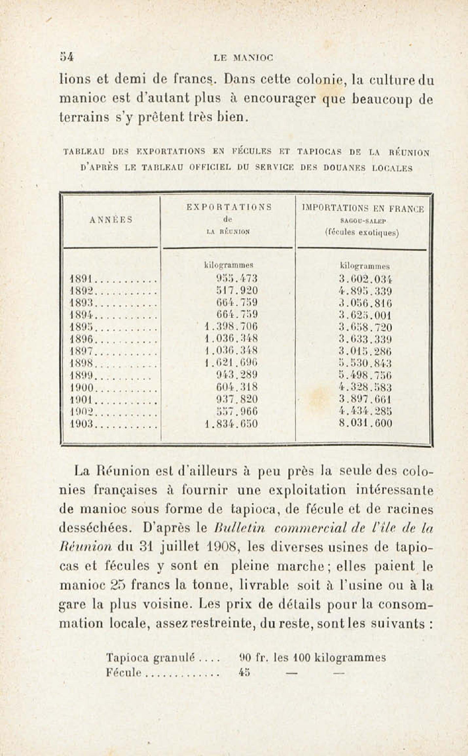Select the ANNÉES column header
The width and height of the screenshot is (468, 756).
coord(111,220)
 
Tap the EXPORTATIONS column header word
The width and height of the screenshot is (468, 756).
coord(229,207)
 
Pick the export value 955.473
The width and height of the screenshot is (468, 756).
coord(237,279)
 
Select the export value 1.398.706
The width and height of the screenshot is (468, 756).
coord(231,326)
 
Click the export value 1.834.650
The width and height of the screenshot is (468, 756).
coord(231,424)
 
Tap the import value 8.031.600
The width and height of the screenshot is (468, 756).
coord(366,423)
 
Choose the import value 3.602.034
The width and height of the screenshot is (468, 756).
coord(366,279)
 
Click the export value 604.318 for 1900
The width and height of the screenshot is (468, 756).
coord(237,387)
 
